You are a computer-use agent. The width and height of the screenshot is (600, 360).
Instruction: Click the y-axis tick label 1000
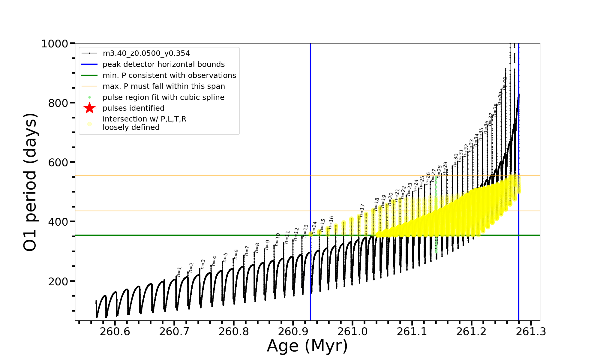pos(55,44)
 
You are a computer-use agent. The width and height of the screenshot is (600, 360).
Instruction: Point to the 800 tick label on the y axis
pos(58,103)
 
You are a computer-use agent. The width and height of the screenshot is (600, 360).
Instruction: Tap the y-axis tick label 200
pos(58,282)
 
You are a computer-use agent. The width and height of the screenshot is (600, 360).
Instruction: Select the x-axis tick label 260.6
pos(115,332)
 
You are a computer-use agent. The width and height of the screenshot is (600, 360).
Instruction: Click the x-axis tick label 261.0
pos(352,332)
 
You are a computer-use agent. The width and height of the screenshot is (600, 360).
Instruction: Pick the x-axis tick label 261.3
pos(531,332)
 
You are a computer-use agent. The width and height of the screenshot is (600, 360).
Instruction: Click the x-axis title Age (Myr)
pos(307,346)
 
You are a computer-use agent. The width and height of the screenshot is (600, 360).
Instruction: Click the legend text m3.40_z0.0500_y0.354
pos(146,53)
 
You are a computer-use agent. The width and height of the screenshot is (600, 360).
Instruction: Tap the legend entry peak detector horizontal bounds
pos(163,64)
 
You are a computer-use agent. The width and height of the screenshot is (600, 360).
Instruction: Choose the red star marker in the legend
pos(89,108)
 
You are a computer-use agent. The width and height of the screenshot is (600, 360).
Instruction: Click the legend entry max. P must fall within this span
pos(163,86)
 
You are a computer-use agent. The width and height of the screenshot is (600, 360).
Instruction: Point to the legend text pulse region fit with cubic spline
pos(163,97)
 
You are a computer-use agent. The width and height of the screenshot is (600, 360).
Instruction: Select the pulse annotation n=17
pos(362,210)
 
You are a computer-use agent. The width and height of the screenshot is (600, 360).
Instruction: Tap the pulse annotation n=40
pos(505,83)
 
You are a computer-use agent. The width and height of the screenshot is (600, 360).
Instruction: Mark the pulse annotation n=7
pos(247,250)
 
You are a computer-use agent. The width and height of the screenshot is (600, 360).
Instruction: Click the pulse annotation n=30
pos(456,160)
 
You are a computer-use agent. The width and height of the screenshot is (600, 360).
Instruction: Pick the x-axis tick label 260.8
pos(234,332)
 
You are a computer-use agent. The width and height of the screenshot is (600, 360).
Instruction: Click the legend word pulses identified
pos(133,108)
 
